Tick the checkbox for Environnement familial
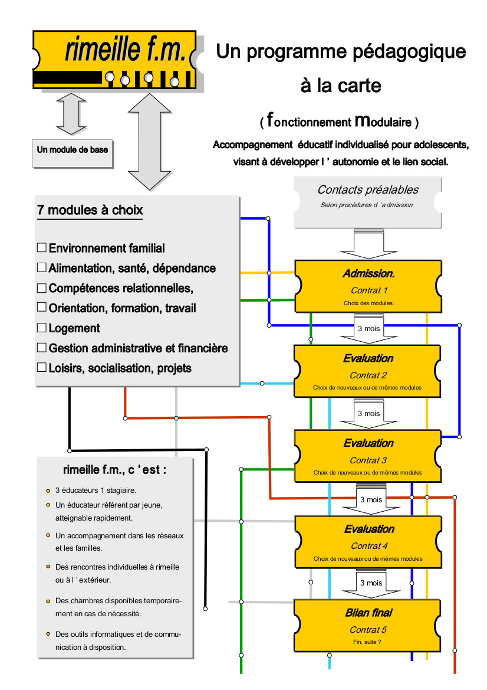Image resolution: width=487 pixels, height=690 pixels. [42, 248]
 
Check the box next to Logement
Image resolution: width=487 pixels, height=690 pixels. [42, 328]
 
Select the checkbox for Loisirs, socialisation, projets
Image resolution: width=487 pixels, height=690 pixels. [42, 367]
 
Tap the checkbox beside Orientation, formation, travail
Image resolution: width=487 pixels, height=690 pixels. [42, 308]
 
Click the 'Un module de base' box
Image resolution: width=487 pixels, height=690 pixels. [73, 150]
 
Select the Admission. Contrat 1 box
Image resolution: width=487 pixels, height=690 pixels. [368, 286]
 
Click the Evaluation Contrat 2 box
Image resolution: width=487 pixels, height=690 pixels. [368, 371]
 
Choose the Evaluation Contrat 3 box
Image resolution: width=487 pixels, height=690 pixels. [368, 456]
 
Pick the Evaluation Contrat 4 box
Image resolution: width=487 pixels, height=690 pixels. [368, 542]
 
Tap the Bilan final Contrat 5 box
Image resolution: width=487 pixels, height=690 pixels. [368, 625]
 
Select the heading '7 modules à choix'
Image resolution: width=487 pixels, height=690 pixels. [90, 210]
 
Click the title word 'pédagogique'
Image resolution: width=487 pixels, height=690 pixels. [409, 52]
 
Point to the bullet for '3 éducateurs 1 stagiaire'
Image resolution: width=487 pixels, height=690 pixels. [48, 490]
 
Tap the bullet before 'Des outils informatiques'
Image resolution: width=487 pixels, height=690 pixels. [48, 635]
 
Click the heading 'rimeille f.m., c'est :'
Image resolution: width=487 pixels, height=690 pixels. [114, 470]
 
